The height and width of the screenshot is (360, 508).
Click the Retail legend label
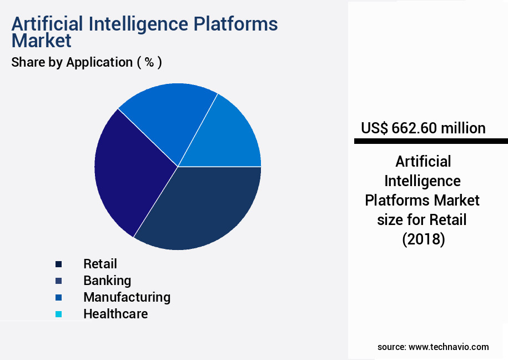(100, 264)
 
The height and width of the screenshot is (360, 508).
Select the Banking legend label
(107, 281)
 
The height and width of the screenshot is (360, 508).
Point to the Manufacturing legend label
(127, 297)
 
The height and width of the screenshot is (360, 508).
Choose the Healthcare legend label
(115, 314)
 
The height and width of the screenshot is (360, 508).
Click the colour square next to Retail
(59, 264)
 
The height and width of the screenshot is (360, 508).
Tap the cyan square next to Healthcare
(59, 314)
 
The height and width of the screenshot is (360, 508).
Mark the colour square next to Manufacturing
(59, 298)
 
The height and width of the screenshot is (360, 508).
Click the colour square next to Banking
(59, 281)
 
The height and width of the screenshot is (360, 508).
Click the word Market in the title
(42, 41)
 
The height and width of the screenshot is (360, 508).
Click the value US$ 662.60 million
(423, 128)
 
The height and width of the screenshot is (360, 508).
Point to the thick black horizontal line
(431, 142)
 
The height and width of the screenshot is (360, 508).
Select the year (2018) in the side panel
(423, 239)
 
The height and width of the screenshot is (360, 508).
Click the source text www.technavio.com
(449, 347)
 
